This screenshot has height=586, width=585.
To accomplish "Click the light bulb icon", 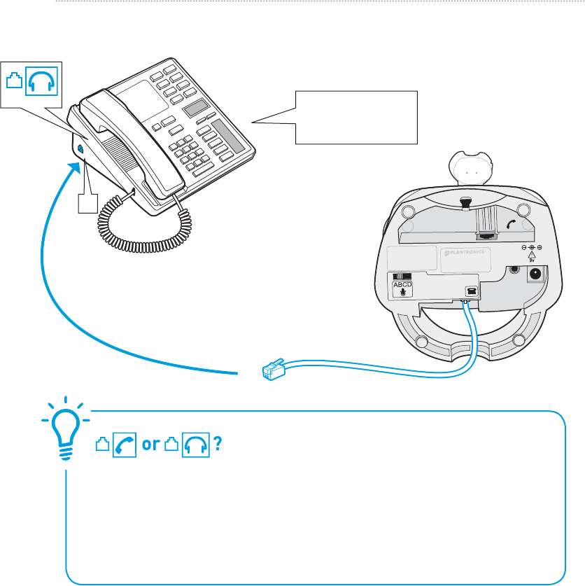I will click(65, 431).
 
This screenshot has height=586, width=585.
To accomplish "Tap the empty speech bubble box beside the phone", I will click(356, 117).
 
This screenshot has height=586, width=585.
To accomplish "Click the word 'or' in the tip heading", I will click(150, 446).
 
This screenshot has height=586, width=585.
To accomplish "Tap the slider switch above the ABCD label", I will click(401, 277).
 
